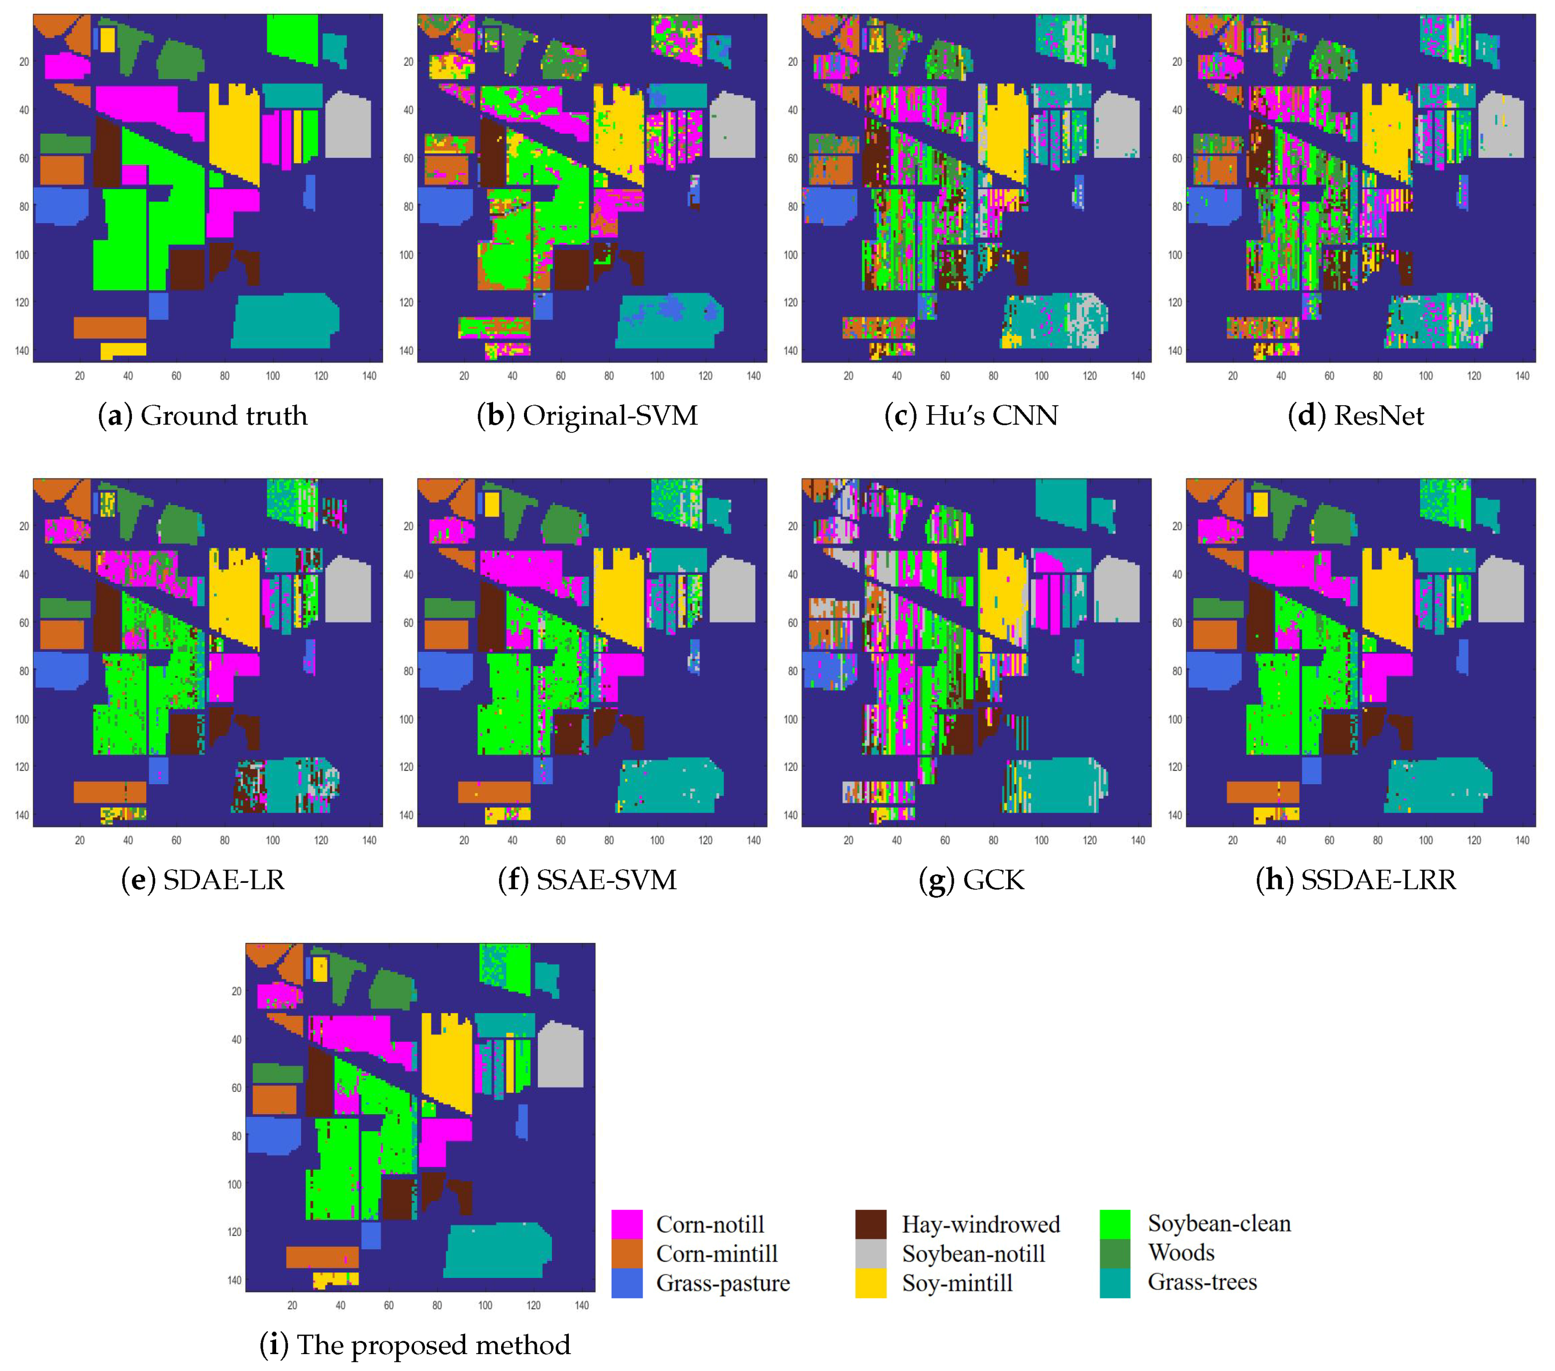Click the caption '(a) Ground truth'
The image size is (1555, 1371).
[203, 416]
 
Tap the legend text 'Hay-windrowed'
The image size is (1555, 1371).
[981, 1224]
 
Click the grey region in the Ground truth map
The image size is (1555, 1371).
[348, 125]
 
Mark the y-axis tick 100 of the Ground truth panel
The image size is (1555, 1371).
[22, 254]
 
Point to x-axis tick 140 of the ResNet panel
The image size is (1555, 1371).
[1522, 376]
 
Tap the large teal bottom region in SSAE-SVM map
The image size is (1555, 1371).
[669, 784]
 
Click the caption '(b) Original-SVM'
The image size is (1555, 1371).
[587, 416]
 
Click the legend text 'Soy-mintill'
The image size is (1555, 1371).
[957, 1283]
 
